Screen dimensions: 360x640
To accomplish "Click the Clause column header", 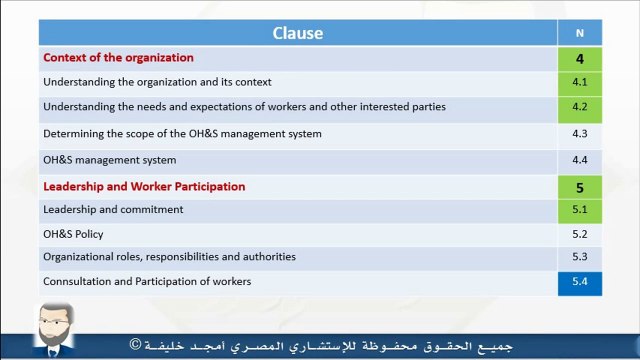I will point(298,33).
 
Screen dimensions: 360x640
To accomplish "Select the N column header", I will point(580,33).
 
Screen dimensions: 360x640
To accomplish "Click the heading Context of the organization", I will point(118,58).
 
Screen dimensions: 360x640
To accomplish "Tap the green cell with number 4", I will point(580,59).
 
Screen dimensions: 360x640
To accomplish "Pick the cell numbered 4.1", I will point(580,83).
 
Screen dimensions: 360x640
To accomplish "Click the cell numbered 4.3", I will point(580,134).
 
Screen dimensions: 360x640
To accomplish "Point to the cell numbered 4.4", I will point(580,160).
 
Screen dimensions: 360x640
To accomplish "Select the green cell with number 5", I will point(580,187).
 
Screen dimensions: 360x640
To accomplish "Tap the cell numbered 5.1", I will point(580,210).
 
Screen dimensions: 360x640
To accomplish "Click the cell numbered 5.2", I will point(580,235).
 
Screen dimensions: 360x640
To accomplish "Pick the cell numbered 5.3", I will point(580,258).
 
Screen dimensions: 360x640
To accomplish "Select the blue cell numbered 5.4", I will point(580,283).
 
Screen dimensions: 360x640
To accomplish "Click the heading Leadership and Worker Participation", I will point(144,187).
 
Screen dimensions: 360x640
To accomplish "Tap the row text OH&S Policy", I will point(73,235).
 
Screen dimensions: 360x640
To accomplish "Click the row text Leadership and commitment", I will point(113,210).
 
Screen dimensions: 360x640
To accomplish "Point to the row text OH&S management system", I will point(109,160).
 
